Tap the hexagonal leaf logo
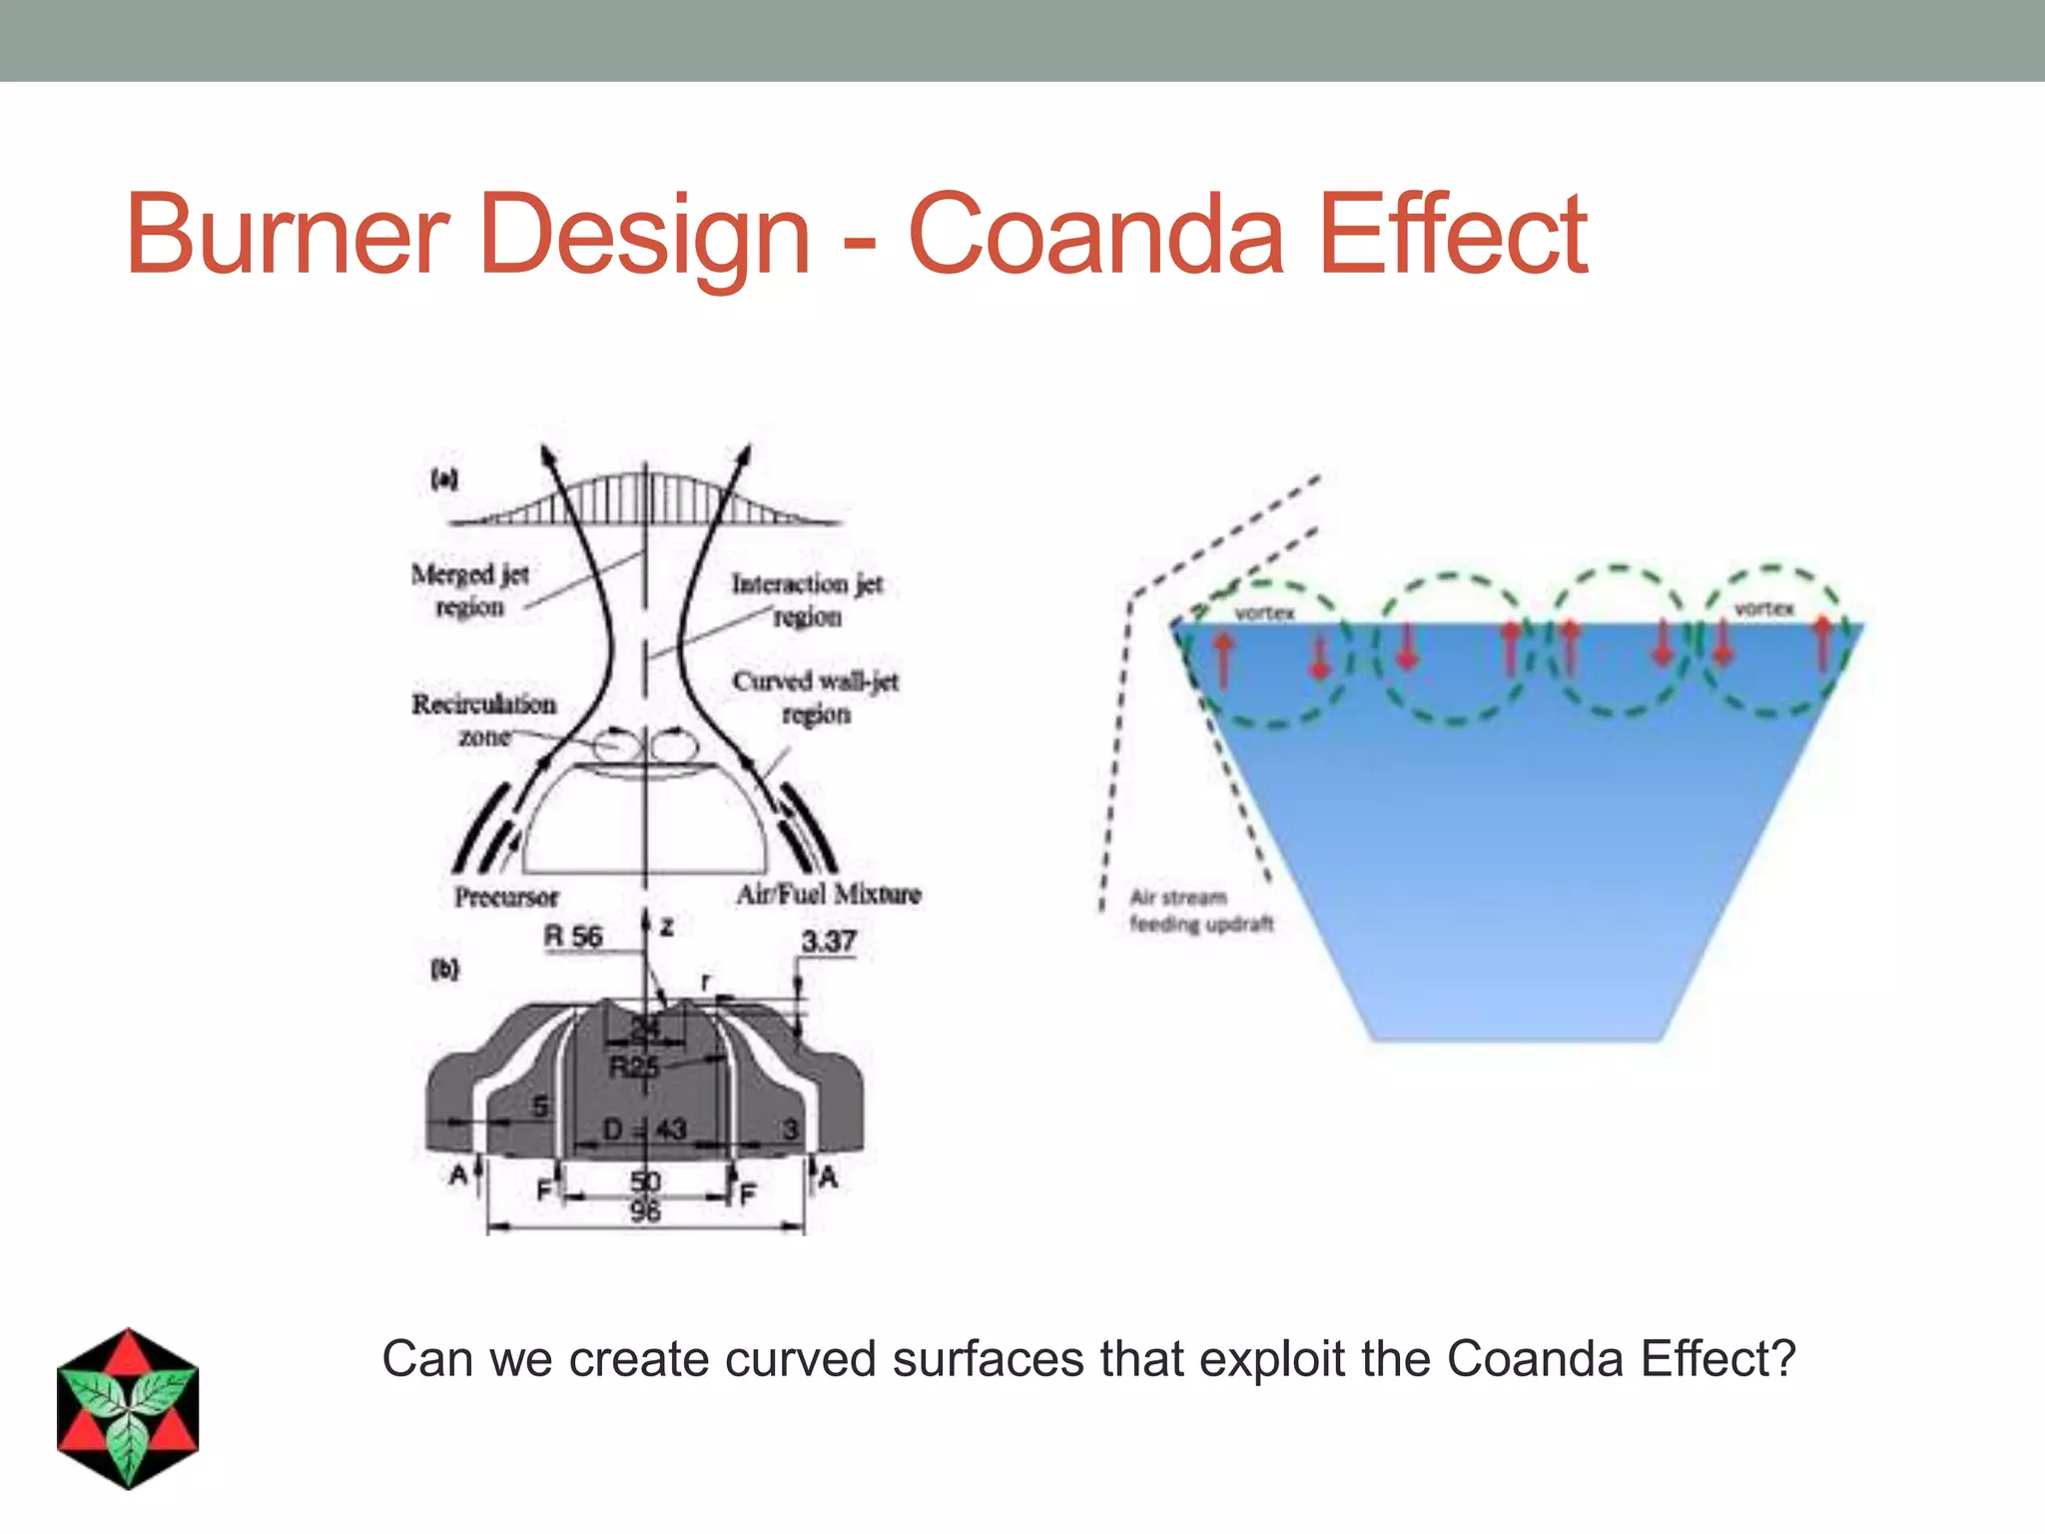click(x=128, y=1408)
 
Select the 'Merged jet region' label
click(x=470, y=590)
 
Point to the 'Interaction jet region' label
click(x=807, y=599)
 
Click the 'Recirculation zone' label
click(x=484, y=719)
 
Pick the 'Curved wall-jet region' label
click(x=816, y=697)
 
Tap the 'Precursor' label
click(x=506, y=896)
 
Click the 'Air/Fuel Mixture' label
click(x=828, y=893)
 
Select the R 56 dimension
click(x=573, y=937)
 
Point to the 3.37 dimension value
click(x=828, y=941)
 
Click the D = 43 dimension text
click(x=645, y=1130)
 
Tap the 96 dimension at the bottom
click(x=645, y=1212)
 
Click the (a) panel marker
click(x=443, y=478)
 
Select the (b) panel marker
click(x=444, y=969)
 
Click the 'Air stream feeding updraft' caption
click(x=1200, y=910)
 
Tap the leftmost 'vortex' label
click(x=1264, y=613)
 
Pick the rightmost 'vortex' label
click(x=1763, y=608)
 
